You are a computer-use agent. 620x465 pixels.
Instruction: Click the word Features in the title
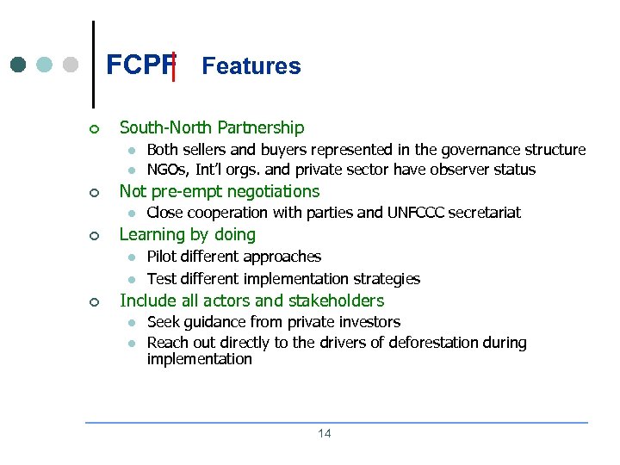[251, 66]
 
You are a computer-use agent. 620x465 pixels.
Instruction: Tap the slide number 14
[324, 433]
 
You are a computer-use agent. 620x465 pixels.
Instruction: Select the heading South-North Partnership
[211, 127]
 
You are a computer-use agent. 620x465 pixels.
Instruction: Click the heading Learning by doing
[187, 234]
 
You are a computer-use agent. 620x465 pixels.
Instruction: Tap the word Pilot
[159, 257]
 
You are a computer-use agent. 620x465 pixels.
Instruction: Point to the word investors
[370, 322]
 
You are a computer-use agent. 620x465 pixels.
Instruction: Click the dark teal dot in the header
[18, 65]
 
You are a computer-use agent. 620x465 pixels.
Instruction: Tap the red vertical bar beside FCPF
[174, 65]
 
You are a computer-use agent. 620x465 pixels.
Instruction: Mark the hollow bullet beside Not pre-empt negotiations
[96, 192]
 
